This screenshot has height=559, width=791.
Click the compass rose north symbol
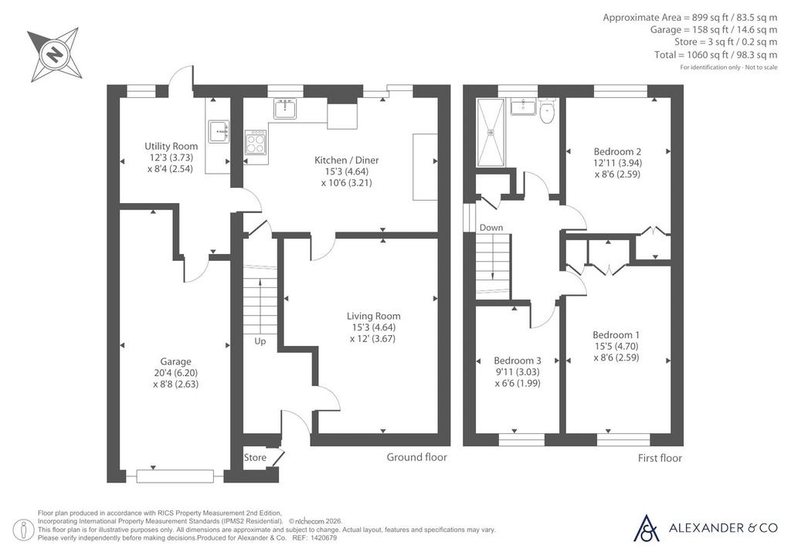click(x=55, y=54)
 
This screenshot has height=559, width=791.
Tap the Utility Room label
click(x=171, y=146)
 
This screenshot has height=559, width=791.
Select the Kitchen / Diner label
click(x=347, y=160)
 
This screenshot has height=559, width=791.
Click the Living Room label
click(x=373, y=316)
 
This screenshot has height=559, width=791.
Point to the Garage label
click(x=175, y=361)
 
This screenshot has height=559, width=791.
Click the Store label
click(x=255, y=458)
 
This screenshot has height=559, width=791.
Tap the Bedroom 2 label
click(x=617, y=151)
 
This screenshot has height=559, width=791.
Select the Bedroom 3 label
click(x=518, y=361)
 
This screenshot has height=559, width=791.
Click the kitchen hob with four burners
click(x=255, y=141)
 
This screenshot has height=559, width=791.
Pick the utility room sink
click(x=219, y=132)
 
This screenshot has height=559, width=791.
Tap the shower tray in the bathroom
click(x=491, y=132)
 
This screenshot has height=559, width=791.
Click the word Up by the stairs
click(x=260, y=341)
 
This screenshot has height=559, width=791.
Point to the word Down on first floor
click(x=491, y=227)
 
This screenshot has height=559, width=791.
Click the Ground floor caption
click(x=416, y=457)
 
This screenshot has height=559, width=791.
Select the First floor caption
click(x=660, y=458)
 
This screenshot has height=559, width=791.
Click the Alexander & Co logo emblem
click(x=647, y=528)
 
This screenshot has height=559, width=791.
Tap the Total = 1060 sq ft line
click(x=716, y=55)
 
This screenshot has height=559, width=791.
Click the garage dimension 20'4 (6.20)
click(x=175, y=373)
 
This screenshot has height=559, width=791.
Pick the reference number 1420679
click(x=325, y=538)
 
